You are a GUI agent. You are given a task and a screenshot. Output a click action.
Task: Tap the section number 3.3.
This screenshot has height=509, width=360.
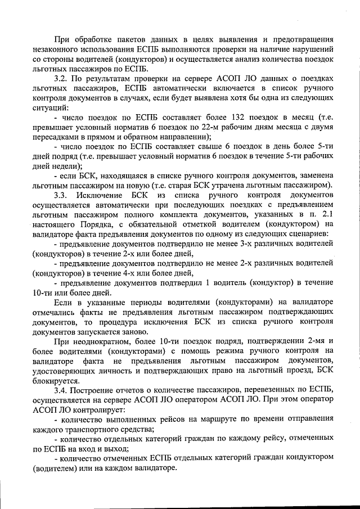pos(62,195)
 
